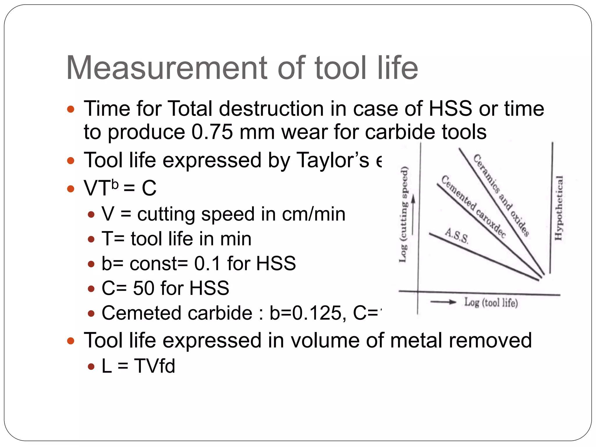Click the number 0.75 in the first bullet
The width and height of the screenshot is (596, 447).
pos(212,132)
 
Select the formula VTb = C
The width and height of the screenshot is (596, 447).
pos(120,188)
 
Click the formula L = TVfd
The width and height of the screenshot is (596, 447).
pos(138,366)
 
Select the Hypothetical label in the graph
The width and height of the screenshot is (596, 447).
pos(558,208)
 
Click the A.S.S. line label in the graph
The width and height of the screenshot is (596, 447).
pos(457,236)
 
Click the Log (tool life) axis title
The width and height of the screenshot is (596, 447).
pos(491,303)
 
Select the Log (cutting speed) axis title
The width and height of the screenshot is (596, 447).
pos(404,214)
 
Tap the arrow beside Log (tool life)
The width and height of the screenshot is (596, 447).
pos(443,302)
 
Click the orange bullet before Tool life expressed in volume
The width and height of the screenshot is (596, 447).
pos(71,341)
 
